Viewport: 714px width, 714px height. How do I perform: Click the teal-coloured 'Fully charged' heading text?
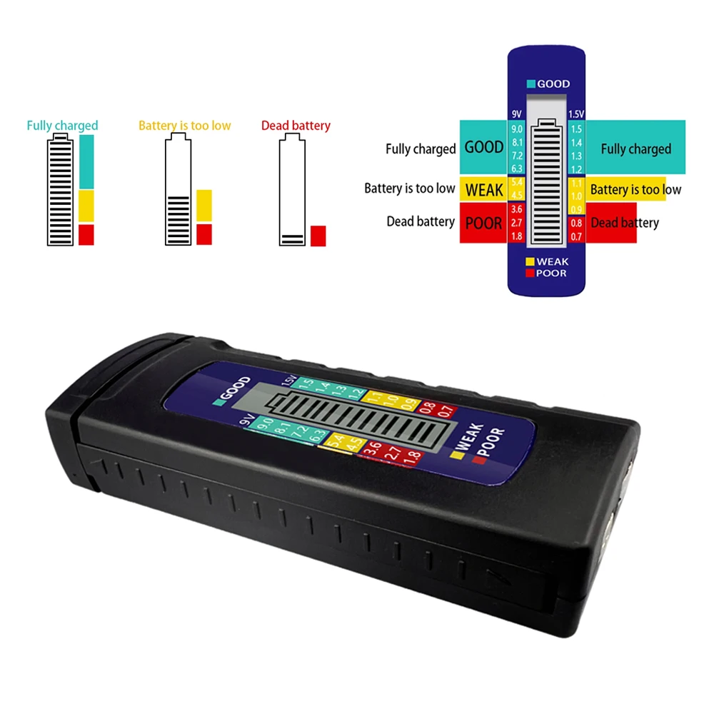(x=62, y=126)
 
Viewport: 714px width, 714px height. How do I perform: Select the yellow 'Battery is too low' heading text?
(x=184, y=126)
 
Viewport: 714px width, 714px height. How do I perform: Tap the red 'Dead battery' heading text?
(x=296, y=126)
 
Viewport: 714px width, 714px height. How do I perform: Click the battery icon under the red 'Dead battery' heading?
(x=291, y=192)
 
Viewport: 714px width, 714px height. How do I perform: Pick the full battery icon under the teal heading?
(x=61, y=192)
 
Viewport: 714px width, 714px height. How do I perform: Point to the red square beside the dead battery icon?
(x=318, y=236)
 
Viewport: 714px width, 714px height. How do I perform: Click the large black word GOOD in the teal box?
(x=484, y=148)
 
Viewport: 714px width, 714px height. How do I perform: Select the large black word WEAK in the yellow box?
(x=484, y=190)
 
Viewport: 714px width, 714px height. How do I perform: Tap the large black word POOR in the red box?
(x=484, y=223)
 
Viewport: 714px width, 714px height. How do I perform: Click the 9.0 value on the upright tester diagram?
(x=517, y=129)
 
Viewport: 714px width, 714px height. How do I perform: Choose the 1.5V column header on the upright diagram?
(x=575, y=114)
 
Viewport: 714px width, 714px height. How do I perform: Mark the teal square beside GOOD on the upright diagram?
(x=531, y=84)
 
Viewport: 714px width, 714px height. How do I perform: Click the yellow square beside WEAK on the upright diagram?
(x=530, y=262)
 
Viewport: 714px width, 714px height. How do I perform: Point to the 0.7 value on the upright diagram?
(x=575, y=236)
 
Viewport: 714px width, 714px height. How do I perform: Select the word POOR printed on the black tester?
(x=491, y=445)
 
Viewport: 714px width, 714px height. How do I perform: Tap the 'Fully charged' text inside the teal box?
(x=635, y=149)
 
